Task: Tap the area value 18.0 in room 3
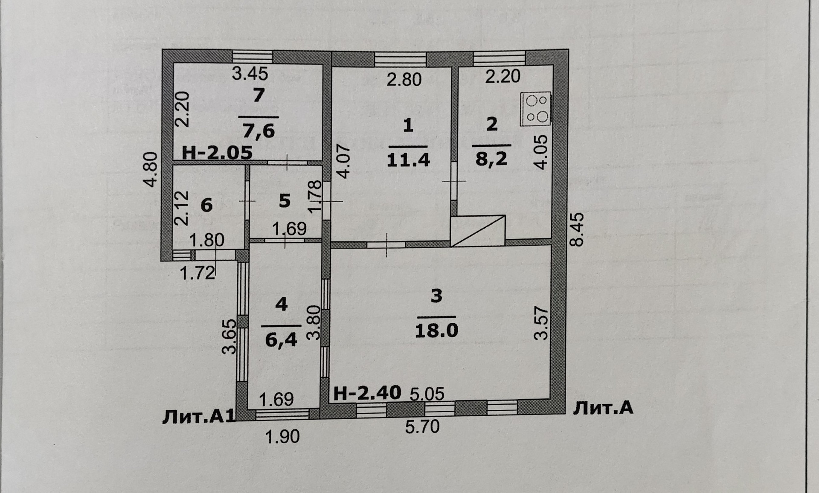pos(436,330)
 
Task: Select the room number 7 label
pos(258,96)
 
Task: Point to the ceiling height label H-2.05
pos(217,153)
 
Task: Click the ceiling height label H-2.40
pos(367,393)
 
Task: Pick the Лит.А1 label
pos(199,417)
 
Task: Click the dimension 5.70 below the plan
pos(422,426)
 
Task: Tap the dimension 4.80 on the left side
pos(151,170)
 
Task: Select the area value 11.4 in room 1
pos(408,160)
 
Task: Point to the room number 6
pos(206,205)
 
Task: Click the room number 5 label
pos(285,200)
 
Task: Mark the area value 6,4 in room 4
pos(281,340)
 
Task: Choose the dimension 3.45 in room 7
pos(250,74)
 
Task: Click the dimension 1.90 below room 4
pos(282,436)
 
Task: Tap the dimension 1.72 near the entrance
pos(197,273)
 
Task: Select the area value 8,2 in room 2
pos(492,159)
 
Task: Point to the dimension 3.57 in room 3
pos(541,323)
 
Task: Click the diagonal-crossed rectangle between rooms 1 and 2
pos(478,231)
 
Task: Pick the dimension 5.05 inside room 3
pos(427,394)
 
